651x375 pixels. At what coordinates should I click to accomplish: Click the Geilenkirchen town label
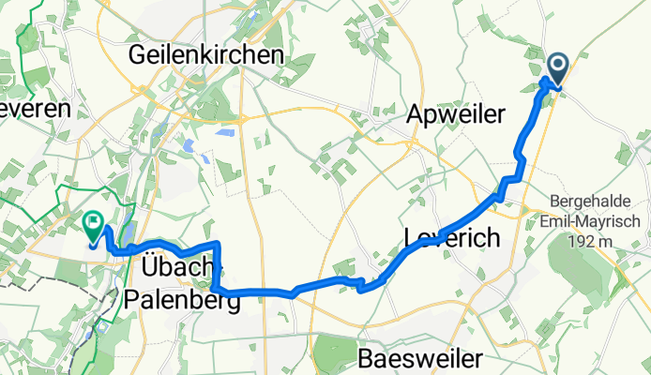[205, 55]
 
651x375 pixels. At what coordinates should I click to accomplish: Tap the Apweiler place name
[457, 114]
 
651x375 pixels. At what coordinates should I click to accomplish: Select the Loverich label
[452, 239]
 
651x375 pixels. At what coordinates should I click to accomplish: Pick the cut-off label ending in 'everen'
[35, 109]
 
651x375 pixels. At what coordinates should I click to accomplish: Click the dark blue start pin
[556, 68]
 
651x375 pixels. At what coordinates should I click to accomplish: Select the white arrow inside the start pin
[556, 65]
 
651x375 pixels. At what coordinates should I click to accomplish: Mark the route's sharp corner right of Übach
[218, 244]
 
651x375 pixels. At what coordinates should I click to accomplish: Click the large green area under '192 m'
[589, 277]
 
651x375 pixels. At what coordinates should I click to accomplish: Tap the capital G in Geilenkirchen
[138, 55]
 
